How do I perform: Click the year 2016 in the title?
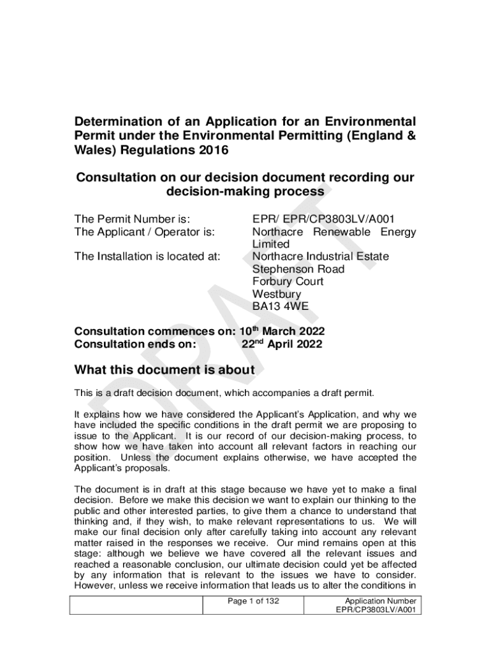point(209,150)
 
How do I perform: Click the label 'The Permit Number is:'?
point(133,219)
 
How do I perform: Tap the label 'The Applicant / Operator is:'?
point(144,231)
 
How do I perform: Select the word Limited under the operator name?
point(270,244)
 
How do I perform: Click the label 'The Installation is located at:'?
point(147,256)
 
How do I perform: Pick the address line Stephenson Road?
point(298,269)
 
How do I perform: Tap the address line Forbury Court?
point(288,281)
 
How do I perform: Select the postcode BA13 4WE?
point(280,306)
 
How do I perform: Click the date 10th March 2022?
point(282,332)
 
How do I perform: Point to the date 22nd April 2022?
point(282,344)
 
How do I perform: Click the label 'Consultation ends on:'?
point(135,344)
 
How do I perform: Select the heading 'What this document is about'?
point(165,370)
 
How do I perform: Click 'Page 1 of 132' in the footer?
point(253,601)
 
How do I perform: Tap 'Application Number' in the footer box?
point(380,601)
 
